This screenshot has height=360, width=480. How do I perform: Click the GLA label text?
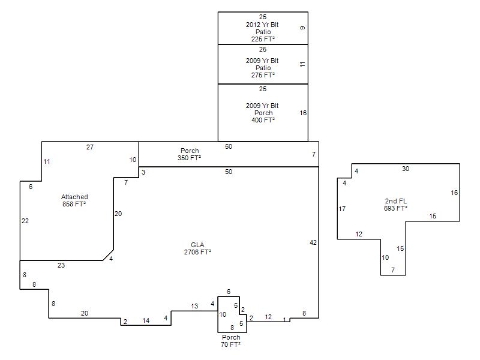(197, 245)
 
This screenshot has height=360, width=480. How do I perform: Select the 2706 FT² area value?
(197, 252)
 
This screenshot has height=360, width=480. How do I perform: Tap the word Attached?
(74, 197)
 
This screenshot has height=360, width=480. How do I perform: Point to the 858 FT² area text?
(74, 204)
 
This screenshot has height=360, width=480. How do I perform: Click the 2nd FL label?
(396, 201)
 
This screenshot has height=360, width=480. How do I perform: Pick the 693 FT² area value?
(395, 208)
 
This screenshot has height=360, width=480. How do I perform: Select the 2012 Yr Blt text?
(262, 25)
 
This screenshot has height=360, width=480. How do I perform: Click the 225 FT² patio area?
(263, 39)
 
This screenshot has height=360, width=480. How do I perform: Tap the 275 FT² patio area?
(263, 75)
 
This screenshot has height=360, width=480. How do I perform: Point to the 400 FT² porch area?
(263, 120)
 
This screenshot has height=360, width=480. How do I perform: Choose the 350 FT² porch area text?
(189, 158)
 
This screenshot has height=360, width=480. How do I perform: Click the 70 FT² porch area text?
(230, 344)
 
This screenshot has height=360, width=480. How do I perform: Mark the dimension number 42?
(313, 242)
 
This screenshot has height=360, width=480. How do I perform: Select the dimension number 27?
(89, 147)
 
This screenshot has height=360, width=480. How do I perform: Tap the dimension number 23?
(61, 265)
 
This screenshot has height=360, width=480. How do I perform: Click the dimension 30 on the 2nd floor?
(406, 169)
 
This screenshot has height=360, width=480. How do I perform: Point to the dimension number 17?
(342, 209)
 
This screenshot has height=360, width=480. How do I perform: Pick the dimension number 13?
(194, 306)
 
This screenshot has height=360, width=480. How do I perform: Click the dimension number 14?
(146, 320)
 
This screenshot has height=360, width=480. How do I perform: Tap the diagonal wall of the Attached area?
(109, 255)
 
